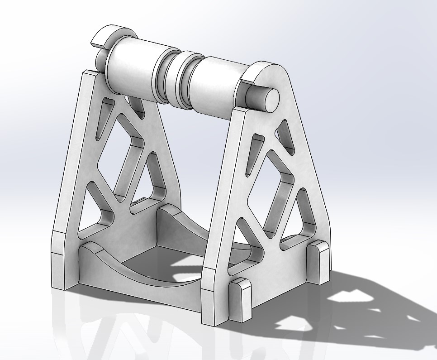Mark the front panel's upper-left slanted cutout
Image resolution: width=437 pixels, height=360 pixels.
[x=253, y=154]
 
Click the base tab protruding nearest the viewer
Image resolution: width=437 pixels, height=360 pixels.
[x=240, y=301]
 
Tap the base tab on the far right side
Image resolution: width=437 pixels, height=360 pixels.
[x=319, y=263]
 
